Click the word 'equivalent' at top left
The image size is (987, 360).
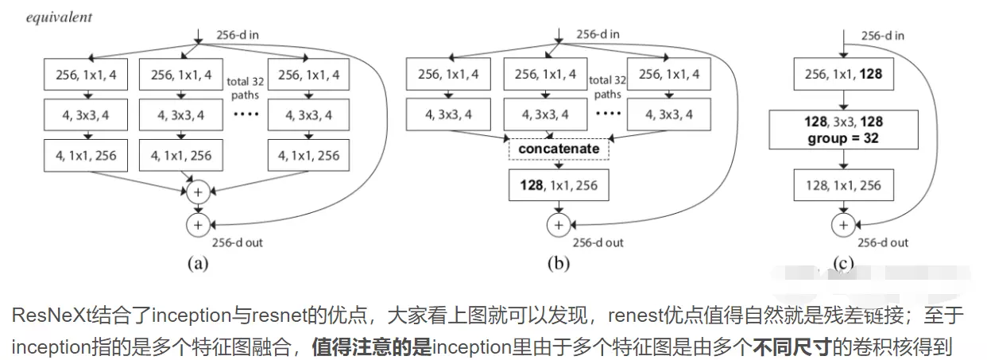[x=59, y=17]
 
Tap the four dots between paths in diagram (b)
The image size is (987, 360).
[x=608, y=113]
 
